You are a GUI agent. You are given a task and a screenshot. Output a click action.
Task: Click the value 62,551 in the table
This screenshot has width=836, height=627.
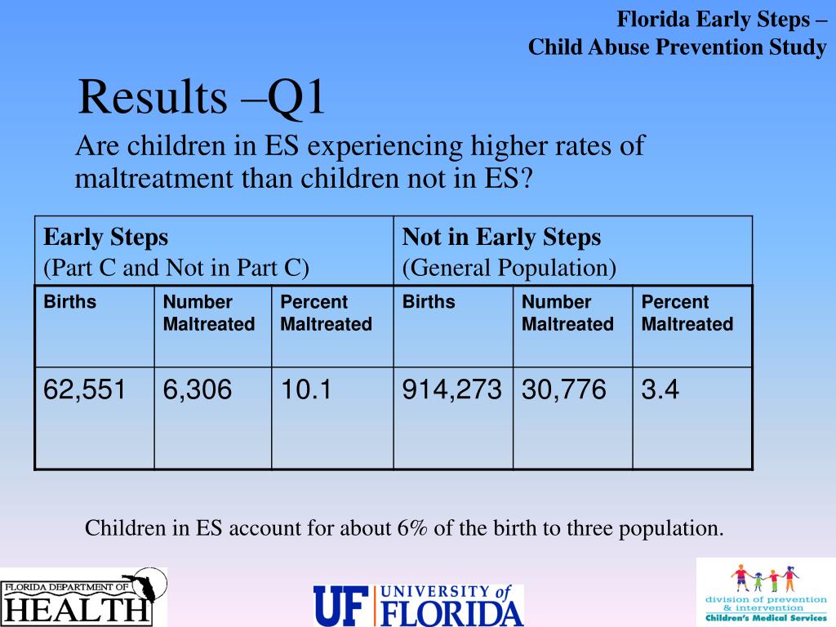pos(84,389)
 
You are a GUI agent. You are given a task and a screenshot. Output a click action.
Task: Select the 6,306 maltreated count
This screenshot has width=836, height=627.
pos(198,389)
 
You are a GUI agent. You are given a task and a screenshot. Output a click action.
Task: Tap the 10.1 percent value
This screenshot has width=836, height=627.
pos(306,389)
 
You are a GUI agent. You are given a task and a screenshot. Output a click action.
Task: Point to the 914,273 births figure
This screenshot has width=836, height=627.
pos(451,389)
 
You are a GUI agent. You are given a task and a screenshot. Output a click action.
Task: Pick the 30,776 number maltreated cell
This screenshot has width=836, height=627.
pos(563,389)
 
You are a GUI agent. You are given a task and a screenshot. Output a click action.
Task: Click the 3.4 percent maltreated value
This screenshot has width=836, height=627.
pos(660,389)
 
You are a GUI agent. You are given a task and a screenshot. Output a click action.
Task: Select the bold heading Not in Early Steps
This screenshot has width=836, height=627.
pos(501,238)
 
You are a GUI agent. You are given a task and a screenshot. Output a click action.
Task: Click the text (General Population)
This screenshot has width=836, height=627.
pos(509,268)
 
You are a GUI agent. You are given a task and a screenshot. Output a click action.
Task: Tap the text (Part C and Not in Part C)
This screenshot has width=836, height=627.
pos(176,268)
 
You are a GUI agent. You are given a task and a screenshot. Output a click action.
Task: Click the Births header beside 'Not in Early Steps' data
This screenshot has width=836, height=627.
pos(429,302)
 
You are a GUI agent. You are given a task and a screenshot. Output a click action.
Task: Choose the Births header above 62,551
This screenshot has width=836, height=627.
pos(70,302)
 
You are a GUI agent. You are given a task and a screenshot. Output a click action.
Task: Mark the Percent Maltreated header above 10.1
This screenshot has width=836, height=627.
pos(327,313)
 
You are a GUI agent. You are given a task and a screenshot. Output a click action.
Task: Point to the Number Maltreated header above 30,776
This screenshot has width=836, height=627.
pos(568,313)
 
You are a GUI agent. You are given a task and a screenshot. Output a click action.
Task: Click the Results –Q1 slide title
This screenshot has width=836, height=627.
pos(202,97)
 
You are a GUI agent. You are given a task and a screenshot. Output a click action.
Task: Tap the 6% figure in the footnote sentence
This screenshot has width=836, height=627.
pos(412,528)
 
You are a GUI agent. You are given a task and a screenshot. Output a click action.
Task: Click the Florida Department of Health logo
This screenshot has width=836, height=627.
pos(84,597)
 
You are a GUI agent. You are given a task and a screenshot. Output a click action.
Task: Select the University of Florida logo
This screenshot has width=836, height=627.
pos(419,605)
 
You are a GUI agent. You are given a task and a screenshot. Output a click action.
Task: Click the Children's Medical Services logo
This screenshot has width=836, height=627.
pos(766,592)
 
